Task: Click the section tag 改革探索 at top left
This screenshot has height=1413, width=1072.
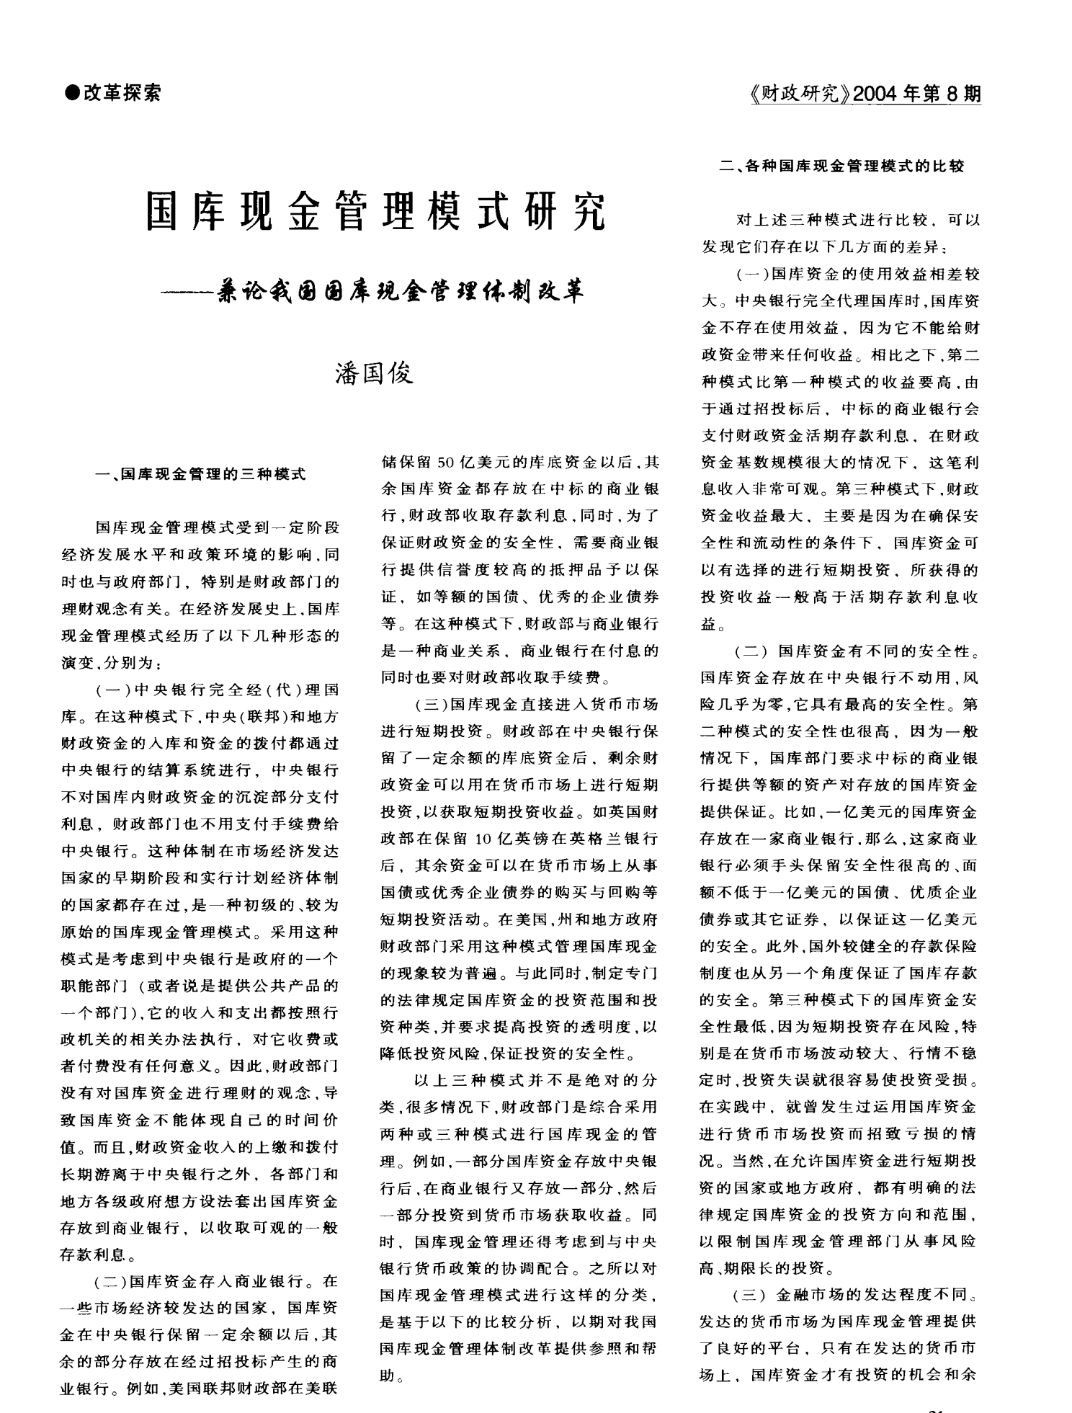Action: pyautogui.click(x=122, y=92)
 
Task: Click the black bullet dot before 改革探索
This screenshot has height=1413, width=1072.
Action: pyautogui.click(x=71, y=92)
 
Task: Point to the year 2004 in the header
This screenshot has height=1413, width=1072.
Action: pyautogui.click(x=877, y=94)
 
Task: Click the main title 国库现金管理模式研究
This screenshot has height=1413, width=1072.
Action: pyautogui.click(x=376, y=211)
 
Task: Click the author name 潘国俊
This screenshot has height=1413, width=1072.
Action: pyautogui.click(x=375, y=373)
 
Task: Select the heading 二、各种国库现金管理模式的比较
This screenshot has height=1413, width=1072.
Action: pyautogui.click(x=841, y=167)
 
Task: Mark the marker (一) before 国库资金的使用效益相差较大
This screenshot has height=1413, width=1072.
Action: pyautogui.click(x=752, y=275)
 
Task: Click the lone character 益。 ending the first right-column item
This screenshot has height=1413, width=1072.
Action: pyautogui.click(x=711, y=624)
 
